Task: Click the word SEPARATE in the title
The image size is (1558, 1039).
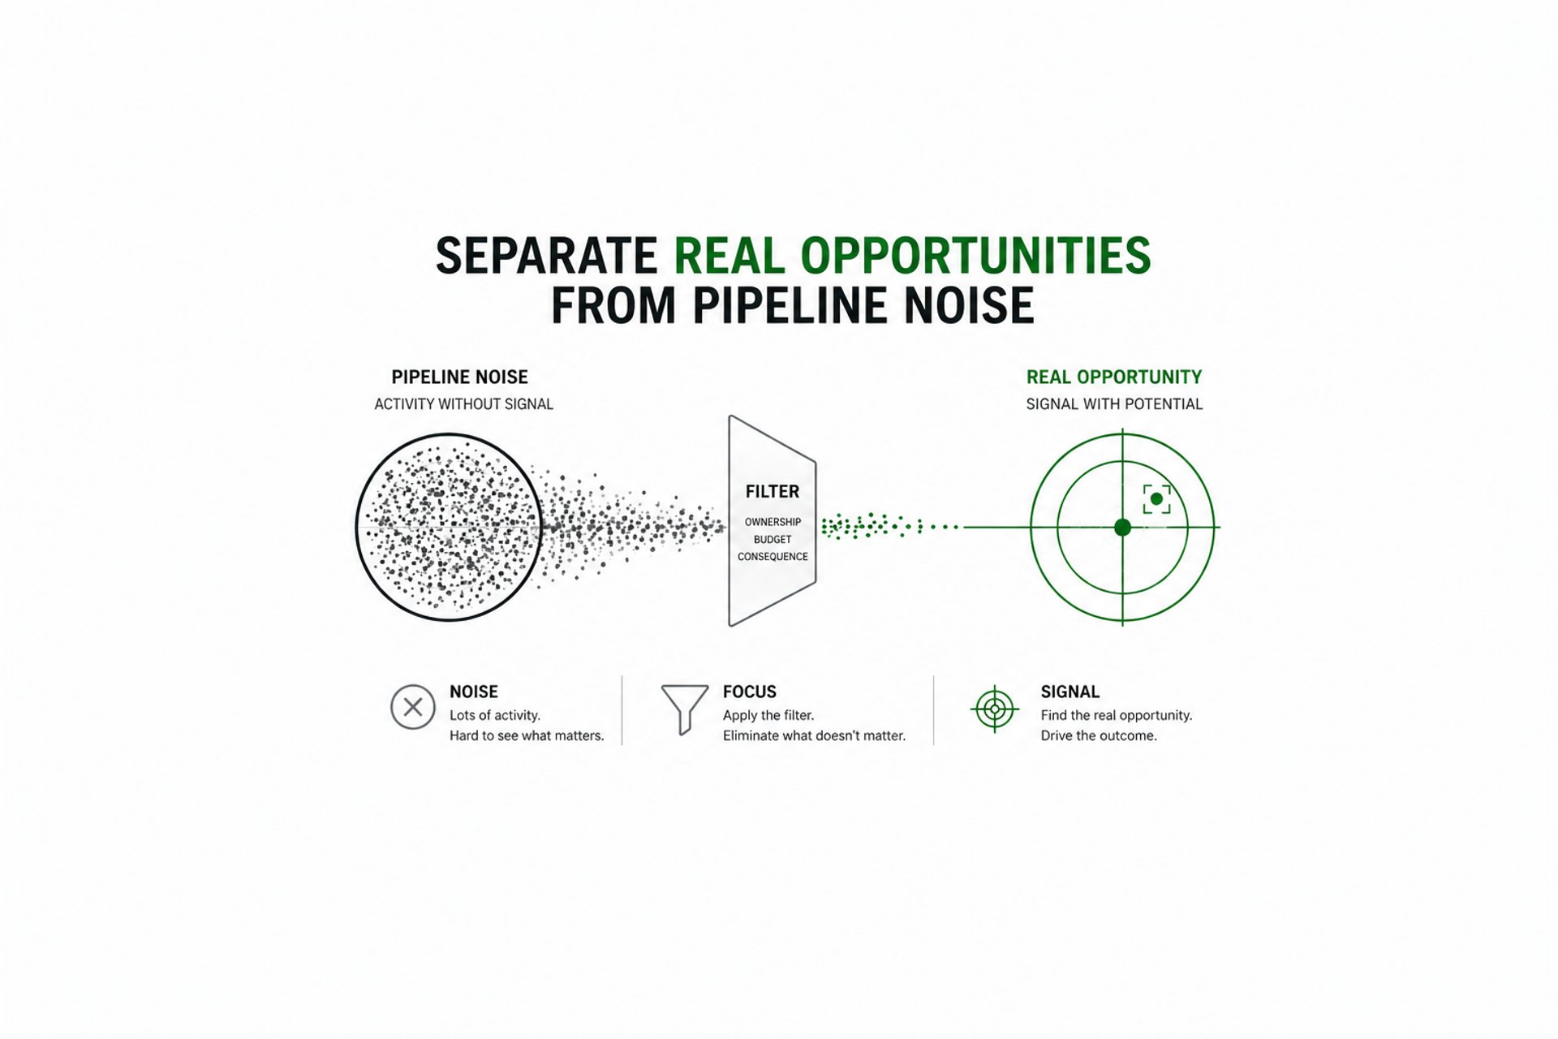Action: tap(545, 257)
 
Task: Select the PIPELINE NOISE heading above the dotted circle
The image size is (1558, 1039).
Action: tap(459, 377)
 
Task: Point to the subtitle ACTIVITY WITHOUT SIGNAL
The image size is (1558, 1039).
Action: tap(463, 404)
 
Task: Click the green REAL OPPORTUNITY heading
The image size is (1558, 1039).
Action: tap(1113, 377)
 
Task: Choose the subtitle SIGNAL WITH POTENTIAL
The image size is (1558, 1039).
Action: tap(1113, 404)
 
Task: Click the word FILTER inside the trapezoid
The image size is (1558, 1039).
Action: tap(772, 492)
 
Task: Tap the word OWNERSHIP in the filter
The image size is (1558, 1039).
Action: tap(773, 522)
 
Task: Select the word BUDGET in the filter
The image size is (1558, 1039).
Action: tap(773, 539)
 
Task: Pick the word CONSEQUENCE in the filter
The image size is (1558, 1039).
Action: tap(773, 557)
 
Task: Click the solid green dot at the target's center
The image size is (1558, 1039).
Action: tap(1122, 528)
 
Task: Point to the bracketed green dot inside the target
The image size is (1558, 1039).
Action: tap(1156, 499)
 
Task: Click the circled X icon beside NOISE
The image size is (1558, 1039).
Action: tap(413, 707)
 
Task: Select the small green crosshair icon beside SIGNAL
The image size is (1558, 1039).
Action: tap(995, 709)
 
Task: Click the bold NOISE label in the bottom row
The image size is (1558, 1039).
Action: tap(474, 692)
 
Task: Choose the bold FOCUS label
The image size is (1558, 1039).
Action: tap(749, 692)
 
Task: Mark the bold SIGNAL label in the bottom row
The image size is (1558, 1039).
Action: tap(1070, 692)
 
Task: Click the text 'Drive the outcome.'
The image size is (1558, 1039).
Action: tap(1099, 736)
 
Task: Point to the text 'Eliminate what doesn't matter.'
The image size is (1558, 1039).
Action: tap(814, 736)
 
